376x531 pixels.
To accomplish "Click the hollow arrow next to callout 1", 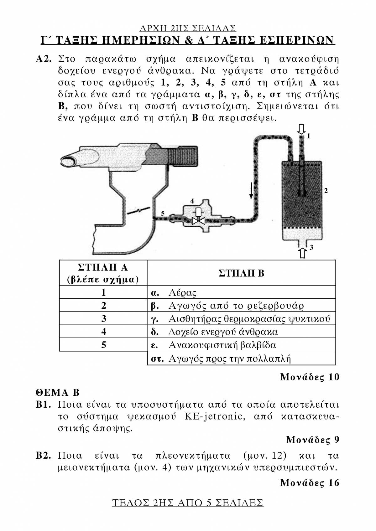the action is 301,129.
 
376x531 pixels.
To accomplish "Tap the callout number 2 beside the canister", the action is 326,191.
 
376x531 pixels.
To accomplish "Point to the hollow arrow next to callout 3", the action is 302,253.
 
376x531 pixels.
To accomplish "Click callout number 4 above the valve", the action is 192,201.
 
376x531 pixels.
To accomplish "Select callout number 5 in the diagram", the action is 163,213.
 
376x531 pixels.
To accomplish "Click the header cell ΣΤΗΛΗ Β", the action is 242,273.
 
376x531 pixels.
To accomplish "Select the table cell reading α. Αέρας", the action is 242,292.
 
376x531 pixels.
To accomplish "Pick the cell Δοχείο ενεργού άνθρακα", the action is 242,331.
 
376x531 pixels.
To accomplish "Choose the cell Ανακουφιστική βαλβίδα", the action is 242,345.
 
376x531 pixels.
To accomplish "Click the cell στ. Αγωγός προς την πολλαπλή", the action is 242,358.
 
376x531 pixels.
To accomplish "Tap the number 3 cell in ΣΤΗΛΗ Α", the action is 103,318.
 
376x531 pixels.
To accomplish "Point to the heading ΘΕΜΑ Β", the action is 57,393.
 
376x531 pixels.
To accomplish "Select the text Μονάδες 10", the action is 310,377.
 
